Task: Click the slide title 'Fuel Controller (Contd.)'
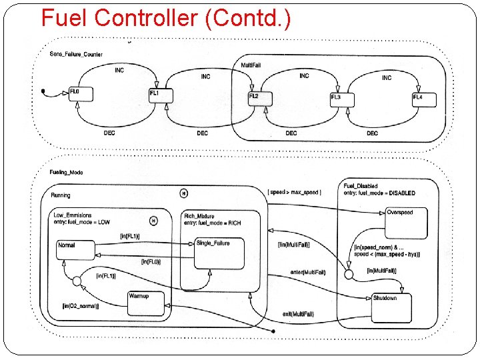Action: [165, 18]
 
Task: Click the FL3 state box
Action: [341, 99]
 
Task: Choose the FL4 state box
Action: [424, 99]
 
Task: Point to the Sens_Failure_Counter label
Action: [76, 54]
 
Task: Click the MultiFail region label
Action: [251, 65]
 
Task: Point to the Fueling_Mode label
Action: [67, 173]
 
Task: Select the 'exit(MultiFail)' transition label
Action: [297, 313]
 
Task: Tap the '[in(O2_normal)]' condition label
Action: [81, 306]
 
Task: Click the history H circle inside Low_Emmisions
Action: [153, 221]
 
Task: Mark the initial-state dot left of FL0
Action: [43, 90]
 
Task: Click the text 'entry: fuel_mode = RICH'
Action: [213, 223]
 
